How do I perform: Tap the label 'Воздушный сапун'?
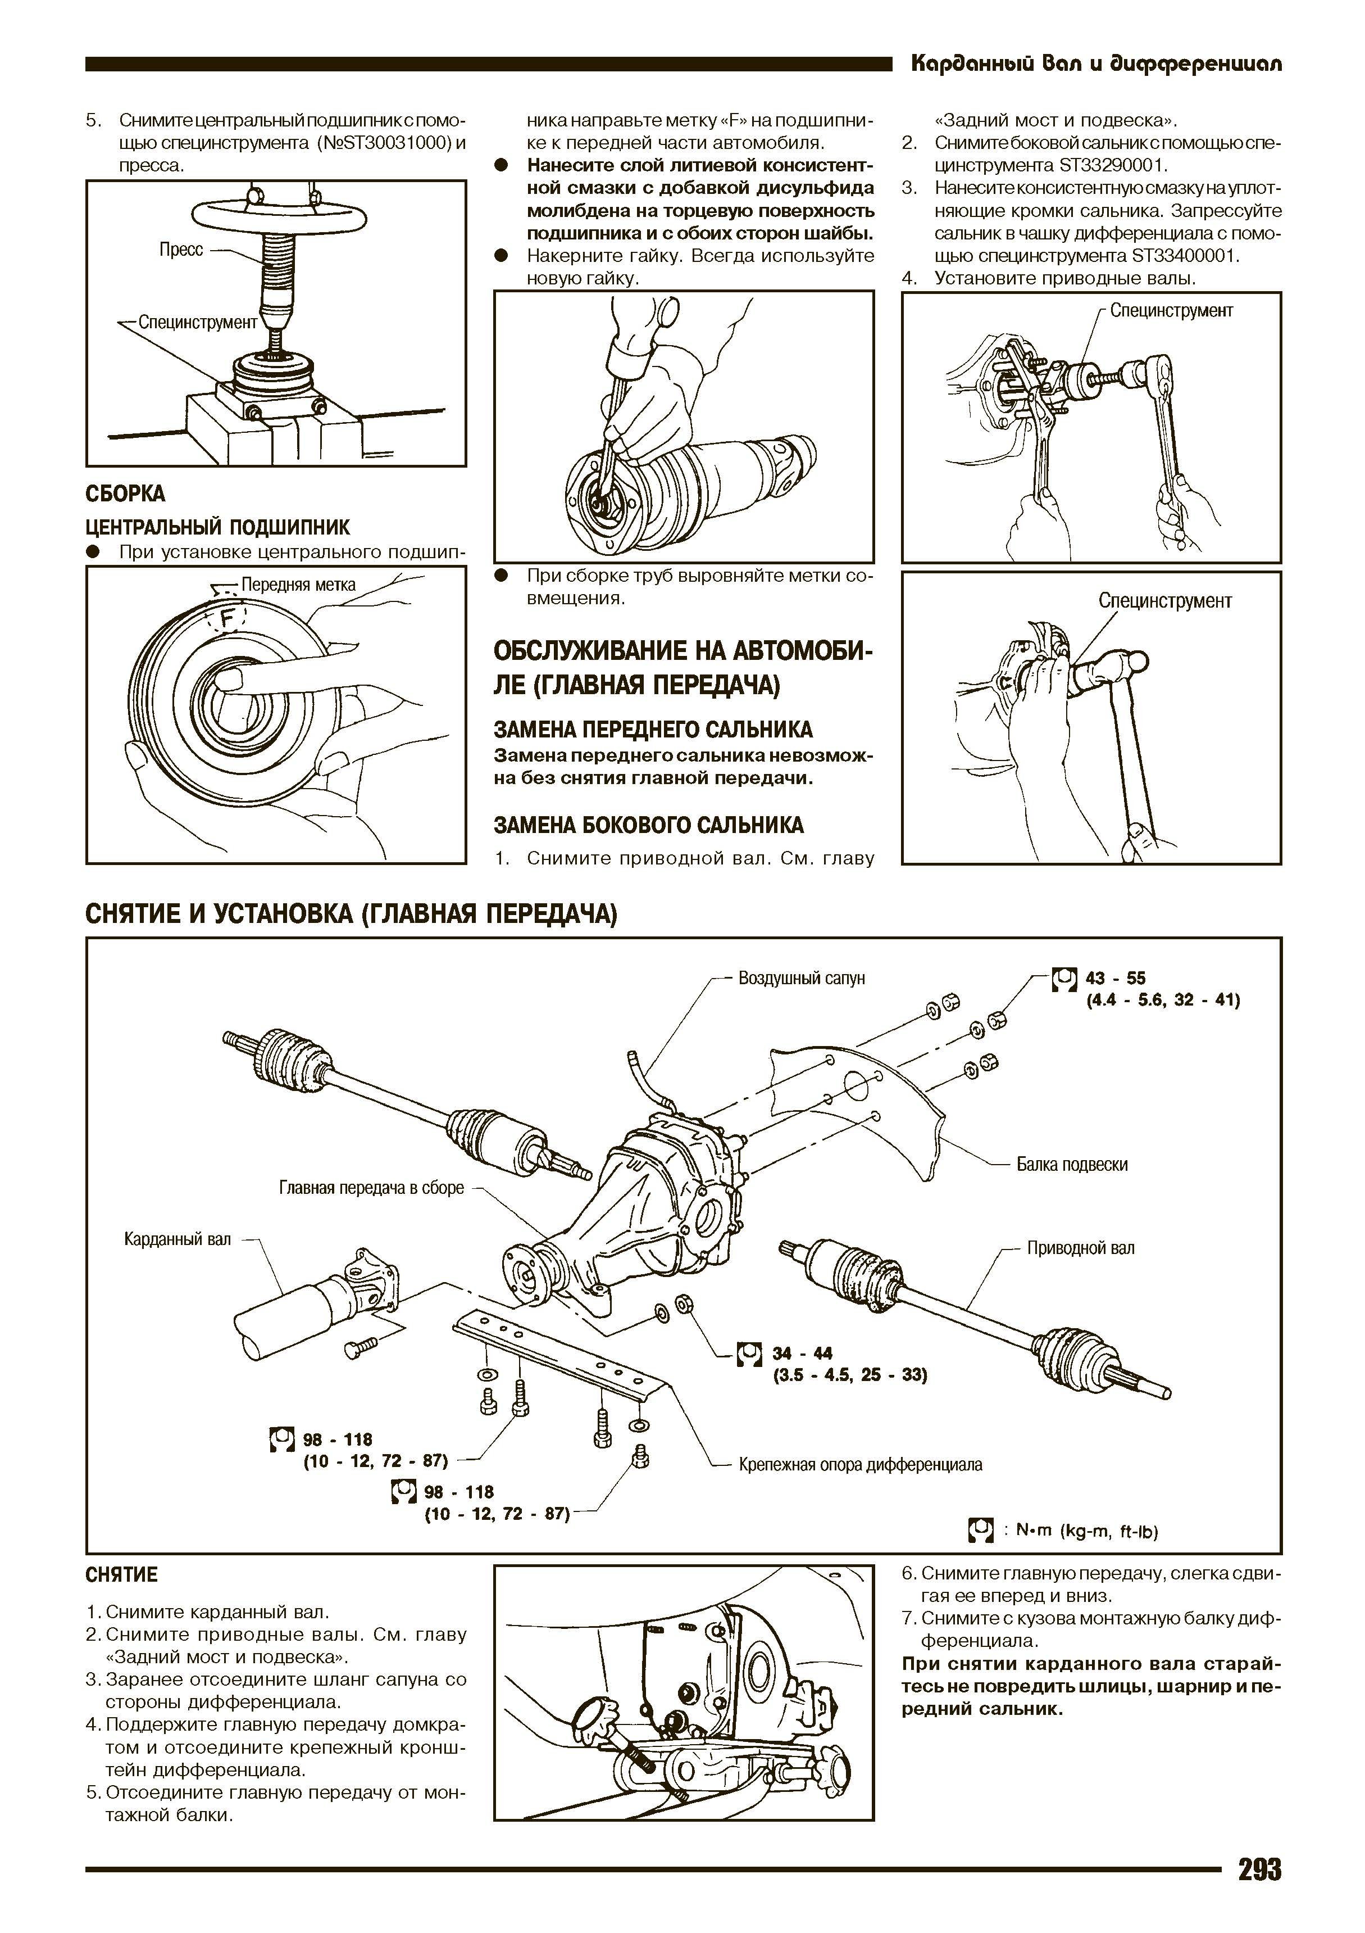(x=801, y=978)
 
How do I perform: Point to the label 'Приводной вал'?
(x=1081, y=1248)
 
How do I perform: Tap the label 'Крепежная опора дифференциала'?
(x=860, y=1464)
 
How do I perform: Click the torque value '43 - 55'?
(x=1115, y=978)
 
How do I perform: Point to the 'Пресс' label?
(x=181, y=250)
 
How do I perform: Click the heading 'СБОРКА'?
(x=125, y=494)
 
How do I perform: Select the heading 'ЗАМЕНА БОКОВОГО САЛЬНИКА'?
(x=648, y=825)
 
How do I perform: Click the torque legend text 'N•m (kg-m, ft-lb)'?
(x=1086, y=1531)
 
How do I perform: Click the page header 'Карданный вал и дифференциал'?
(x=1096, y=64)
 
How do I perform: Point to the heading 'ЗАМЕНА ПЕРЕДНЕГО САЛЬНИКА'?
(x=653, y=729)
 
